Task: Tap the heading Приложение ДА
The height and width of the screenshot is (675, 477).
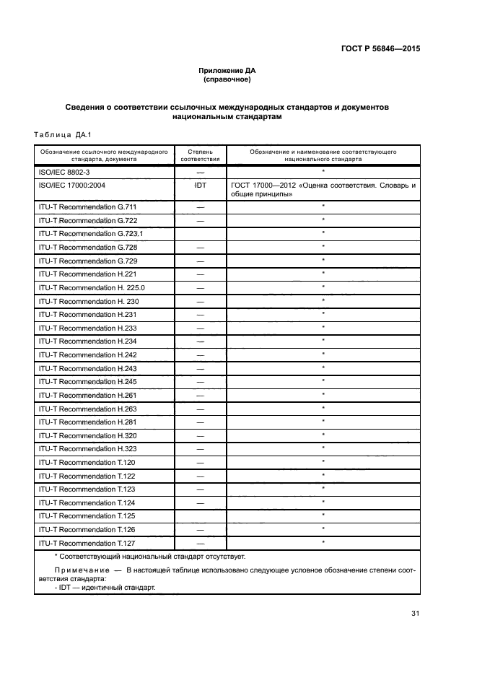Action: (x=227, y=71)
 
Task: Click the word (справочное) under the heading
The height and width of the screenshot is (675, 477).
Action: (x=227, y=79)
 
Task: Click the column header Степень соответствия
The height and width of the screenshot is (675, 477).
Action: (x=200, y=156)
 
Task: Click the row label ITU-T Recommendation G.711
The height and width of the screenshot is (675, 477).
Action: (x=87, y=206)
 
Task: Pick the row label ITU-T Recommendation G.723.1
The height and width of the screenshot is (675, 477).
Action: (x=89, y=233)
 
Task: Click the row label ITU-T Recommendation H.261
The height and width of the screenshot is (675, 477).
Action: (x=87, y=395)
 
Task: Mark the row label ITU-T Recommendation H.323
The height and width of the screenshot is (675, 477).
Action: (x=87, y=448)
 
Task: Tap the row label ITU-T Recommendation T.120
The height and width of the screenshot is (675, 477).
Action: (x=87, y=462)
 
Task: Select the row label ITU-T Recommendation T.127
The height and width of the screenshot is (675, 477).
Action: (x=87, y=543)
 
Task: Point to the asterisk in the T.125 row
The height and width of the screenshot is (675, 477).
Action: (x=323, y=515)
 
